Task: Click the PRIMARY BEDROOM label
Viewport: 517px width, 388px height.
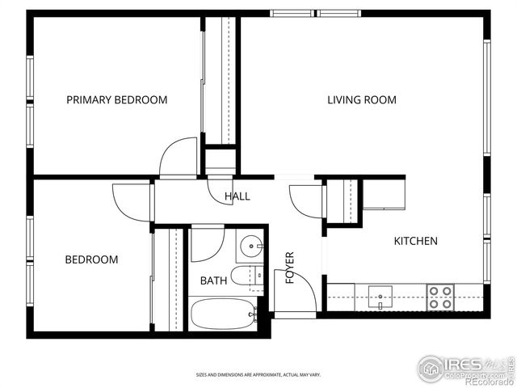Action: point(116,100)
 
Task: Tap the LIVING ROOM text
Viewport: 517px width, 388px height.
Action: point(361,100)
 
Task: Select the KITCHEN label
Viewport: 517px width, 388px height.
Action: point(415,241)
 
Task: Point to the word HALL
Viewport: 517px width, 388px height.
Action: point(237,196)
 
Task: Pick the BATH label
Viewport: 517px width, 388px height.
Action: point(213,280)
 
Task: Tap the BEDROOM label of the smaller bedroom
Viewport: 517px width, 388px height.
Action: point(91,259)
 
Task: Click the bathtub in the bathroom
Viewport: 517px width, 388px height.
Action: point(223,314)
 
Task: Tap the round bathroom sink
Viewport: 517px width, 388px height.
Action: point(253,245)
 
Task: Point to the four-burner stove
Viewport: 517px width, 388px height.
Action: point(441,297)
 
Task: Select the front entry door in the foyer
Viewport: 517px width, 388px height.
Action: point(297,290)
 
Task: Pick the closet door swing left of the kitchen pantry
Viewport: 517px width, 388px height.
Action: point(308,200)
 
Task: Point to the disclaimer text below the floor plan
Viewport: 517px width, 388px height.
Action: point(258,374)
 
